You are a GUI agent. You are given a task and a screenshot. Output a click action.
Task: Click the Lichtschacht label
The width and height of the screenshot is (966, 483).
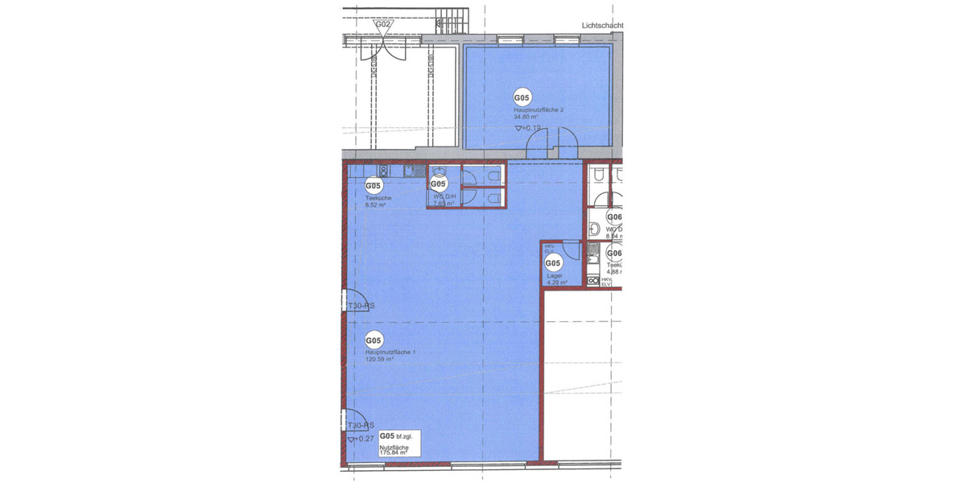click(x=603, y=25)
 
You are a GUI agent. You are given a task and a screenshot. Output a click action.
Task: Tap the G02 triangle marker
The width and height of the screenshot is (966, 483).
click(x=384, y=25)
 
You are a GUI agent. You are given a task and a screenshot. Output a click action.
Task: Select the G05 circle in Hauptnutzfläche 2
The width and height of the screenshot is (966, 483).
click(x=522, y=98)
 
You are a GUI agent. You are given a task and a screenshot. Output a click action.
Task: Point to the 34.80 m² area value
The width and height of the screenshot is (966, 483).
click(x=526, y=117)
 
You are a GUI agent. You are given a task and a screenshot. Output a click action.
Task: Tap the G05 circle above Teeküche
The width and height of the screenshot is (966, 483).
click(x=374, y=187)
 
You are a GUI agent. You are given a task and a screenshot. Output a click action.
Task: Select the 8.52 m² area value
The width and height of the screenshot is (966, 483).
click(x=376, y=205)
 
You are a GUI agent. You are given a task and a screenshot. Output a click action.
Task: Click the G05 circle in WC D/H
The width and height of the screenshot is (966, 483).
click(x=439, y=184)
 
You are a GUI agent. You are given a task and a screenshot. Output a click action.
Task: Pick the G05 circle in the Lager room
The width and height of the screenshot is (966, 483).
click(x=553, y=263)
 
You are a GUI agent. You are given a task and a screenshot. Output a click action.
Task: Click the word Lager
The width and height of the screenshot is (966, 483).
click(x=554, y=275)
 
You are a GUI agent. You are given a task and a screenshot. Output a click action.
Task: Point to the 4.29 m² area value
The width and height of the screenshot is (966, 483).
click(x=557, y=283)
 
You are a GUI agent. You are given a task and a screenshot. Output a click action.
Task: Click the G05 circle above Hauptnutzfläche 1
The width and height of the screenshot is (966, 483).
click(x=374, y=341)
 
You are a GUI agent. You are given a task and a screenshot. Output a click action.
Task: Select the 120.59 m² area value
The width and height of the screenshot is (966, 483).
click(x=379, y=360)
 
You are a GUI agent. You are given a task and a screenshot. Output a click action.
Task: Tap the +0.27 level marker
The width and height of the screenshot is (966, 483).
click(x=361, y=439)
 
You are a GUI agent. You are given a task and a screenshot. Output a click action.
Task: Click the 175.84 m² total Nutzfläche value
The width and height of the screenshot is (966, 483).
click(x=394, y=453)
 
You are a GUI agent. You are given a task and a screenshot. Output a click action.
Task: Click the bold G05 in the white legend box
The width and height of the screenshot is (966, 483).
click(x=387, y=436)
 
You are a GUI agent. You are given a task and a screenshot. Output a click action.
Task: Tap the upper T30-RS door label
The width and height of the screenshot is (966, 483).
click(x=361, y=306)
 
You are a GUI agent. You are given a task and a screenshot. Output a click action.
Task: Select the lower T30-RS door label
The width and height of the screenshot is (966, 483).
click(x=361, y=426)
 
